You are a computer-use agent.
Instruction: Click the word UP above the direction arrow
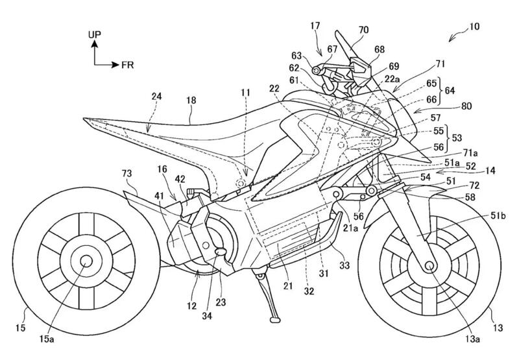coord(95,32)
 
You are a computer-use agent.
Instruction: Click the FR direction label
coord(127,65)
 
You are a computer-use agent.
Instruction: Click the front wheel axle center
coord(430,266)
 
